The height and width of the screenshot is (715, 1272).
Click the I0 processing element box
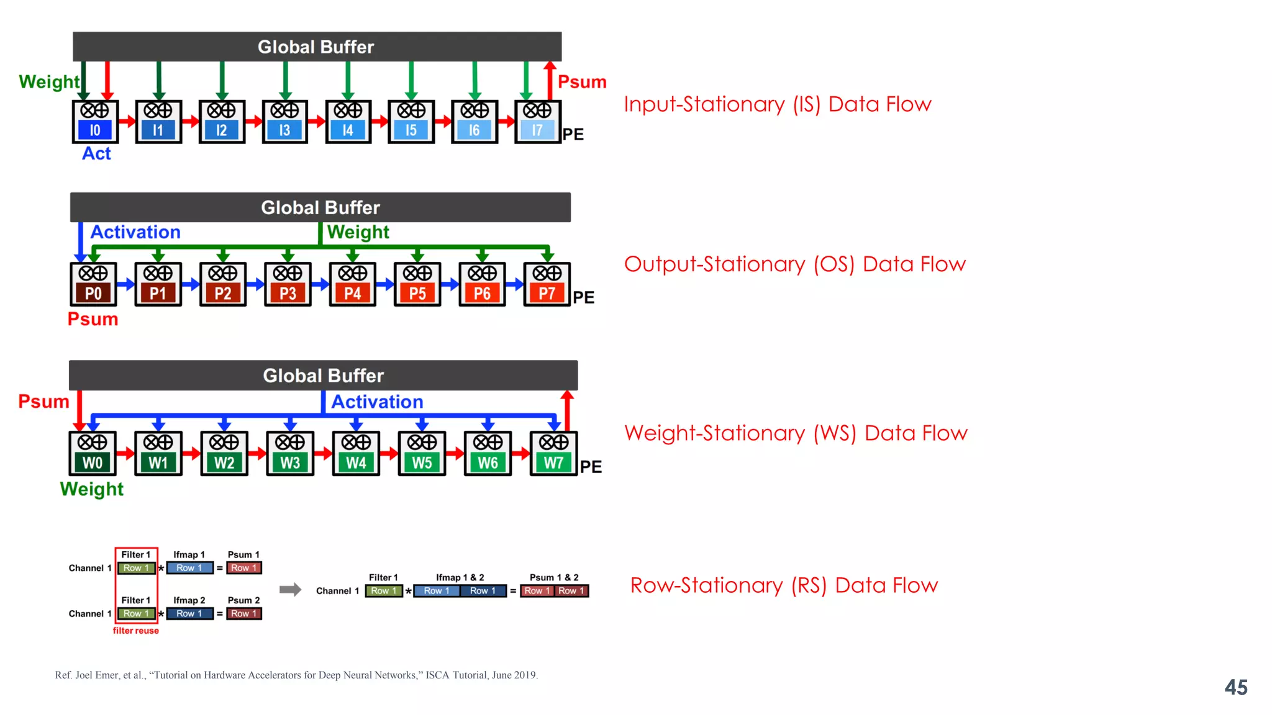click(x=95, y=122)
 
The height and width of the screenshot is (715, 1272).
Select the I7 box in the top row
click(x=538, y=122)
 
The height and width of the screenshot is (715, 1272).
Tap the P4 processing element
click(x=353, y=284)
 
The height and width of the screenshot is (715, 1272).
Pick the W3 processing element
click(x=290, y=454)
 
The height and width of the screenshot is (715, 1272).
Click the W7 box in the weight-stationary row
click(x=553, y=454)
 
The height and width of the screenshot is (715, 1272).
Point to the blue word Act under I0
click(x=96, y=153)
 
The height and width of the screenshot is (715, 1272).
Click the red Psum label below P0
click(x=93, y=319)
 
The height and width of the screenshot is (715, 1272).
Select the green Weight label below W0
click(x=92, y=489)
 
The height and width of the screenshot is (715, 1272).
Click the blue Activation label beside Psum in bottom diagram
click(x=377, y=402)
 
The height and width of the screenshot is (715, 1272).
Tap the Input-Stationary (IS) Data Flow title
click(x=777, y=104)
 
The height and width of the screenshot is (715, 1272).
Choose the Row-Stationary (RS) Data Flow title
click(x=783, y=585)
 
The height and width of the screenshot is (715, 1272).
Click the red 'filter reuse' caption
click(x=135, y=631)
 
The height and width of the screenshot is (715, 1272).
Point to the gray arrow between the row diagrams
click(x=290, y=590)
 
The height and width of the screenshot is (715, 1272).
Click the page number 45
click(x=1235, y=687)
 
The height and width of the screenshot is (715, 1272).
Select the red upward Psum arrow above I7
click(x=550, y=79)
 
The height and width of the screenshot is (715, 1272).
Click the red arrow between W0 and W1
click(x=126, y=453)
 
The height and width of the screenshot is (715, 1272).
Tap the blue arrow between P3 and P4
click(x=320, y=284)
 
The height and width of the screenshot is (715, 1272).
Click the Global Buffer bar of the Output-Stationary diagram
click(x=320, y=207)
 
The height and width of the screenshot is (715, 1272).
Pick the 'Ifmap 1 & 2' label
click(x=460, y=577)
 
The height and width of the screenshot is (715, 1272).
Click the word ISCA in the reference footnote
click(x=437, y=675)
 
